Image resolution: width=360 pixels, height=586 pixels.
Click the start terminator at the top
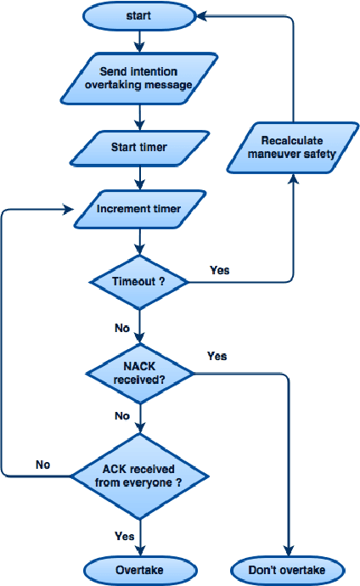(x=138, y=14)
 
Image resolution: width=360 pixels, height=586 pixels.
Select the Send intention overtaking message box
(x=139, y=78)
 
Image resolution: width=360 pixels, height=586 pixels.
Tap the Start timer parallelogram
(x=139, y=147)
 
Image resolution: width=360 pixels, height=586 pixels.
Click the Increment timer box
(x=139, y=207)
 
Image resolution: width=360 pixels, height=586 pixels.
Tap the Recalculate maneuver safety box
(x=293, y=147)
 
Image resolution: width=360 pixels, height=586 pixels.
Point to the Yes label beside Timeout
(x=219, y=271)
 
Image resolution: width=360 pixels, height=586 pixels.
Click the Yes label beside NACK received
(x=217, y=356)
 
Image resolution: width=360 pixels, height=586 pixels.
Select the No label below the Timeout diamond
(x=122, y=327)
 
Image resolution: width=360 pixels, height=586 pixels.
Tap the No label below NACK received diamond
(x=122, y=416)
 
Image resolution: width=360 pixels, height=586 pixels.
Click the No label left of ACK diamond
(x=43, y=465)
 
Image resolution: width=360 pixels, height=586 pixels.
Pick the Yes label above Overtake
(x=123, y=536)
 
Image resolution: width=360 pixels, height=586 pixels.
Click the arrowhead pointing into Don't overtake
(x=290, y=552)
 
